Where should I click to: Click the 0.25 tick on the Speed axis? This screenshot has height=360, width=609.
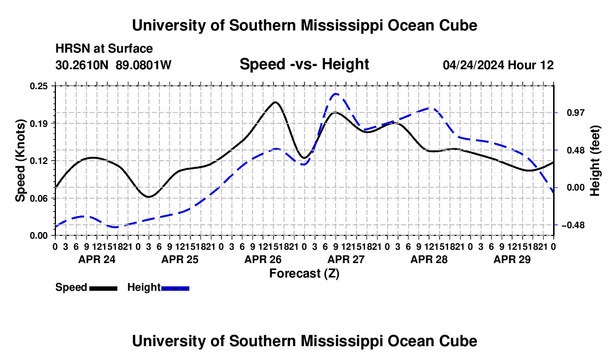point(39,86)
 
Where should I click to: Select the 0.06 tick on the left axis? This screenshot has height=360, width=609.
point(39,198)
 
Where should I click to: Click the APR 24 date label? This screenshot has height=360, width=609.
point(97,259)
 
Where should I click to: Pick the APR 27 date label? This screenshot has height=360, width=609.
point(346,259)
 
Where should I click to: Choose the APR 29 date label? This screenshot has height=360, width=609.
point(512,259)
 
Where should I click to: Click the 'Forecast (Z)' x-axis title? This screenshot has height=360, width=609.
point(304,274)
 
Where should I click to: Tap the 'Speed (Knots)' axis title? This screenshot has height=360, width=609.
point(20,161)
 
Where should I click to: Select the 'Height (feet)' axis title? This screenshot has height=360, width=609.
point(595,161)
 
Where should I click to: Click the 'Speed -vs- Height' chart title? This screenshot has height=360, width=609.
point(304,64)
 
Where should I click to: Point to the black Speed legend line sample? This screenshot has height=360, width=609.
point(103,288)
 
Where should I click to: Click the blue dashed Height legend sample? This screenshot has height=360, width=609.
point(175,288)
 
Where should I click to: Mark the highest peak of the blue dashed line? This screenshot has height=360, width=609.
point(336,94)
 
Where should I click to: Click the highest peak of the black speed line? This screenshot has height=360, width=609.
point(275,102)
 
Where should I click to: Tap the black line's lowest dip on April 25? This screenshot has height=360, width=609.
point(148,197)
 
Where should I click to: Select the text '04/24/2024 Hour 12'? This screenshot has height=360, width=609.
point(498,65)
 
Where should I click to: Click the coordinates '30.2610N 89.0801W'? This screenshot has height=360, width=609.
point(113,65)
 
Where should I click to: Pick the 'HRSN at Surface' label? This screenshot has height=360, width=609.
point(104,49)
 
